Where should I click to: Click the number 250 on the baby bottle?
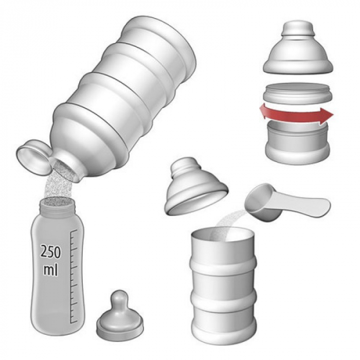[x=51, y=251]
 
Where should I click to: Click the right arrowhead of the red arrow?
[x=327, y=114]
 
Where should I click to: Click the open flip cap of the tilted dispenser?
[x=33, y=156]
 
